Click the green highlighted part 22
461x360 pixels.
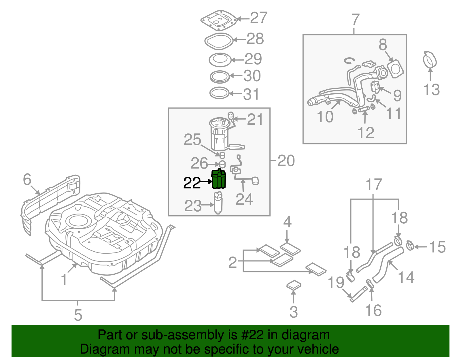click(219, 179)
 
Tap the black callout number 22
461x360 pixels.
click(192, 183)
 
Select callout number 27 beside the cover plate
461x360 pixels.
click(258, 18)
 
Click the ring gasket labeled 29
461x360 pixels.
click(220, 60)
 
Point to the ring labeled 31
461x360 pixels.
click(219, 93)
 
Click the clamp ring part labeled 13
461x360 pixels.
click(430, 60)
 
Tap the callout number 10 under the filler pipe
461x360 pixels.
click(325, 117)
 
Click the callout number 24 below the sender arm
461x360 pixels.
click(244, 199)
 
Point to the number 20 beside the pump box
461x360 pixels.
click(286, 161)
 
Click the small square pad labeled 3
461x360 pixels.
click(294, 285)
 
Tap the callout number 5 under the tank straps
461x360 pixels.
click(78, 315)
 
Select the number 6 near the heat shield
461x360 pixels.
click(27, 179)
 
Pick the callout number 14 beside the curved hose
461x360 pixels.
click(406, 277)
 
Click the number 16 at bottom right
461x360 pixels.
click(373, 310)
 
